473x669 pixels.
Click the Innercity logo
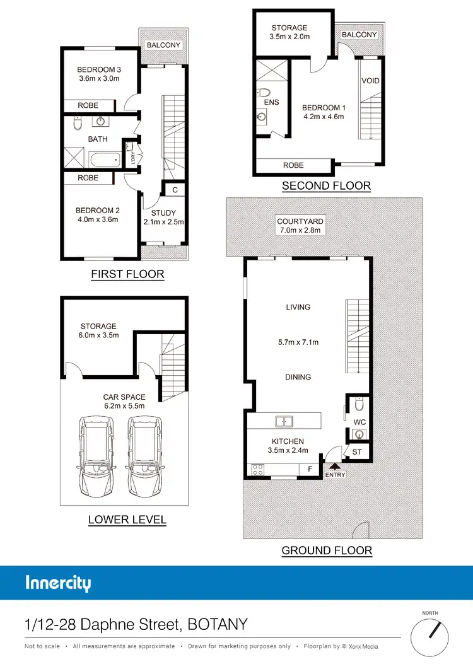coord(58,583)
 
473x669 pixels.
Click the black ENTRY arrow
coord(335,467)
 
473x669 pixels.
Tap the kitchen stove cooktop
coord(258,470)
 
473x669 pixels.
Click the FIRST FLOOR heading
coord(127,274)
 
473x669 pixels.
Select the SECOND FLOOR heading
coord(326,186)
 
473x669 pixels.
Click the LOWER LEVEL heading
coord(127,520)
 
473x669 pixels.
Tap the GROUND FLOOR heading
coord(327,550)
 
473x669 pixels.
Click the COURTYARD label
coord(300,221)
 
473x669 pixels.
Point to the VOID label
coord(370,81)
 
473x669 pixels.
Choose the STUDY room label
coord(163,212)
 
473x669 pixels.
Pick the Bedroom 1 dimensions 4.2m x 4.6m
coord(322,117)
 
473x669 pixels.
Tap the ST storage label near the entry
coord(357,451)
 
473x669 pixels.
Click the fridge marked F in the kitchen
coord(310,469)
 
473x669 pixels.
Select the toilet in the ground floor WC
coord(358,402)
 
